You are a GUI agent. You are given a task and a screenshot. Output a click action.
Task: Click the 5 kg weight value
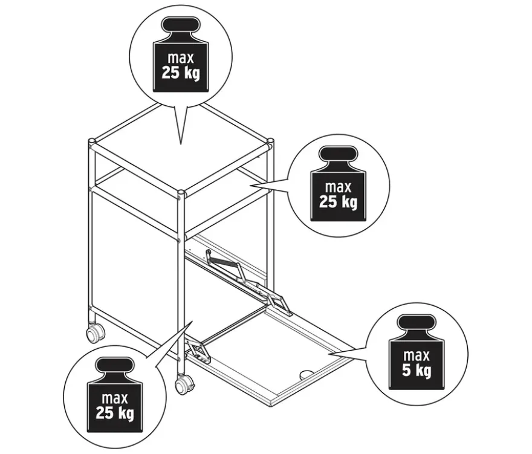click(x=417, y=370)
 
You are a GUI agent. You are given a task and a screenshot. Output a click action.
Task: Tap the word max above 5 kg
click(x=417, y=355)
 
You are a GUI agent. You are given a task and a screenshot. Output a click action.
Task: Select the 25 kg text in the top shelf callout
click(x=181, y=73)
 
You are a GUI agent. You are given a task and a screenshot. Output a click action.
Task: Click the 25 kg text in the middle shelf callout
click(x=338, y=201)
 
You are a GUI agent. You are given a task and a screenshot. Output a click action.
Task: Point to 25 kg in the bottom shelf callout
click(x=115, y=413)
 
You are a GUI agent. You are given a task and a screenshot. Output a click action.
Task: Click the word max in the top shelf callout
click(x=181, y=58)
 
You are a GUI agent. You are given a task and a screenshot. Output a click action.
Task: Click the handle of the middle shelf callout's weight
click(x=338, y=155)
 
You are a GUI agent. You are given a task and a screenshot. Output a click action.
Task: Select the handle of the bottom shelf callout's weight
click(x=115, y=366)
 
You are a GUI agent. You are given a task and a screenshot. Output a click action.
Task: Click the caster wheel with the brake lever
click(x=184, y=386)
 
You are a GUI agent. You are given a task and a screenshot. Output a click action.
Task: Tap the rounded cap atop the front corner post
click(x=181, y=193)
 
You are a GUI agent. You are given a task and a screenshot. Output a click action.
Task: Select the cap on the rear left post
click(x=92, y=140)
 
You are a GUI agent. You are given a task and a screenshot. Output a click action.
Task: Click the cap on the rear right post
click(x=270, y=140)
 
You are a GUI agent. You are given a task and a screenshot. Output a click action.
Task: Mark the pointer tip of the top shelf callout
click(x=181, y=144)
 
